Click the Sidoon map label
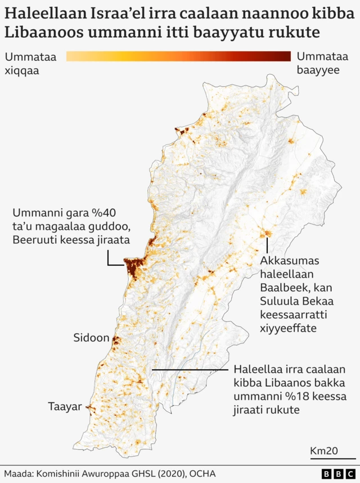pyautogui.click(x=91, y=338)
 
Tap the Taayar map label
pyautogui.click(x=65, y=406)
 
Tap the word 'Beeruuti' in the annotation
pyautogui.click(x=33, y=240)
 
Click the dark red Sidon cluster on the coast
pyautogui.click(x=116, y=341)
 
